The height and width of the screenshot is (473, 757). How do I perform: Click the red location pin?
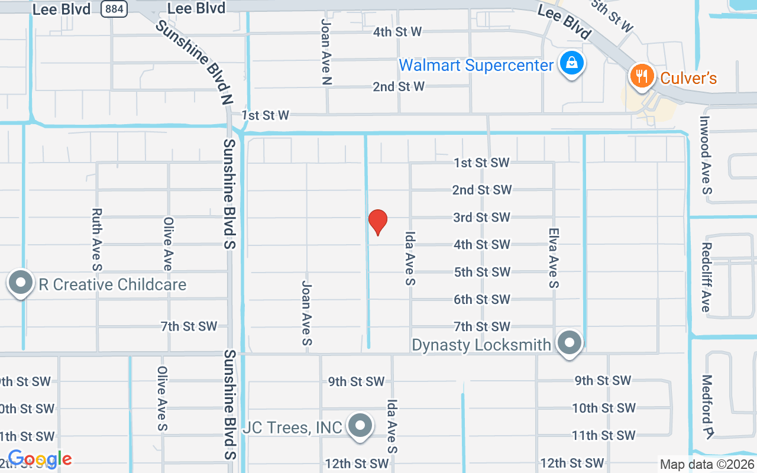[x=378, y=222]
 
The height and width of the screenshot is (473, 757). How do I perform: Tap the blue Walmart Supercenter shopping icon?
[x=572, y=63]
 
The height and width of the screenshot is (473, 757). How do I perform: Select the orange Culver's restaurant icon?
[x=640, y=76]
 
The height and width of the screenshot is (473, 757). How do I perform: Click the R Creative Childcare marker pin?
[x=21, y=283]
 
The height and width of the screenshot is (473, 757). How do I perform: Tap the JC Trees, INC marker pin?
[x=360, y=425]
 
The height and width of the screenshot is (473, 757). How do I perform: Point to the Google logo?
[x=40, y=459]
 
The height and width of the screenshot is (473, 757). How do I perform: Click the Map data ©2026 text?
[x=707, y=465]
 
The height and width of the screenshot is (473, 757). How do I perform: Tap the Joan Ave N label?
[x=326, y=52]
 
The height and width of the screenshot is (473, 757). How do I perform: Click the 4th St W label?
[x=397, y=32]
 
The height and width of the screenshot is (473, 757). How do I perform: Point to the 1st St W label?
[x=266, y=115]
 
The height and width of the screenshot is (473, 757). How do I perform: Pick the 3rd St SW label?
[x=481, y=218]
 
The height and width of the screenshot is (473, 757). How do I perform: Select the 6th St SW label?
[x=481, y=299]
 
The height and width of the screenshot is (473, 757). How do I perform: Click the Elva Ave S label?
[x=554, y=258]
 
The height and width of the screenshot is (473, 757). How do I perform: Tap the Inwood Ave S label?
[x=706, y=155]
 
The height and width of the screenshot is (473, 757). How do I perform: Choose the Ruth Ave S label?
[x=98, y=239]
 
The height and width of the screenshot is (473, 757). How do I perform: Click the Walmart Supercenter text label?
[x=476, y=65]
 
